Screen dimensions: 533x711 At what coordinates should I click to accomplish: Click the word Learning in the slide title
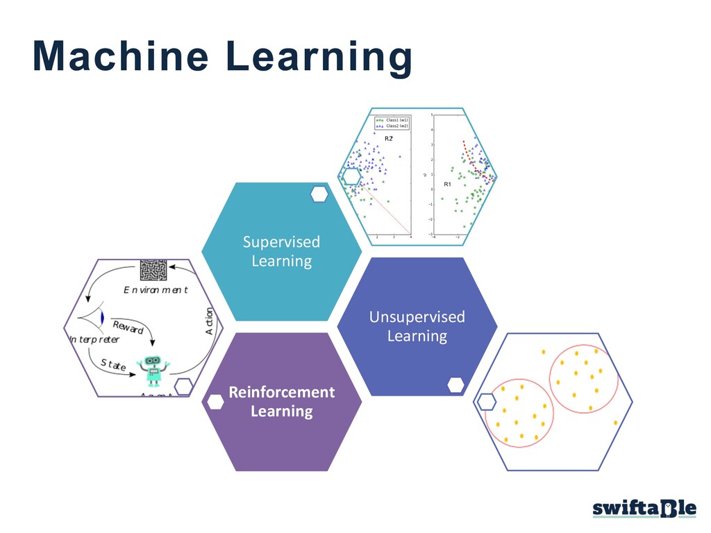(319, 57)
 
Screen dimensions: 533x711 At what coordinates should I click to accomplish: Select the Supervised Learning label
(281, 251)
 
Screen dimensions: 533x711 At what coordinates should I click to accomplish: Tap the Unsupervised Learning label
(417, 326)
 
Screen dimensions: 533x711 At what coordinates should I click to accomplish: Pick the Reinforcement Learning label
(281, 401)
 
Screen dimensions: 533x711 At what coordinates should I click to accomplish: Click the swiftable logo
(644, 509)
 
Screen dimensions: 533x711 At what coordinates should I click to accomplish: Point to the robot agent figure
(152, 370)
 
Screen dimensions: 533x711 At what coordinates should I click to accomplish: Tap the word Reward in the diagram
(128, 327)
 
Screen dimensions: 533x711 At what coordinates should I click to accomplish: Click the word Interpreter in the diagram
(94, 339)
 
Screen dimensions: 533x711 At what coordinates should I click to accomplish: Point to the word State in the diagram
(113, 364)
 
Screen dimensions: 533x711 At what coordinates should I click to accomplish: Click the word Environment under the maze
(156, 289)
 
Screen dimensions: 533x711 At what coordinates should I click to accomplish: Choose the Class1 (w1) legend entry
(392, 120)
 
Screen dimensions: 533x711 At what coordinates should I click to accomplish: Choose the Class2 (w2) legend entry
(392, 126)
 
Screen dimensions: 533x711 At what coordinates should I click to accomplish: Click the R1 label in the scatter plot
(447, 185)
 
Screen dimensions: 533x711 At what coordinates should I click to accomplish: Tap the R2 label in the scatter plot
(389, 139)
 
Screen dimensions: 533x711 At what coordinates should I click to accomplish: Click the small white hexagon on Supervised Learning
(319, 194)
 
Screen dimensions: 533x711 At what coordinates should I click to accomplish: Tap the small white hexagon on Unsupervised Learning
(456, 384)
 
